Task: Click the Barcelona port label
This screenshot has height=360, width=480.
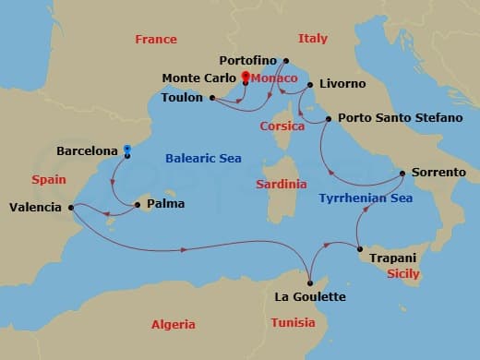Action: click(88, 150)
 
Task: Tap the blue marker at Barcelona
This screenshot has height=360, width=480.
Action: click(126, 150)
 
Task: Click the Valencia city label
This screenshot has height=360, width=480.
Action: click(35, 208)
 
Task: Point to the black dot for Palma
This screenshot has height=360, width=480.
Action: click(138, 203)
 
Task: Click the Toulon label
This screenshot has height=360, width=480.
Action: click(181, 97)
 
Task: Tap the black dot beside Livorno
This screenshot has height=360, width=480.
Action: click(311, 85)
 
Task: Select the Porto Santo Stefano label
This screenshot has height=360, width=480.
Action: click(389, 118)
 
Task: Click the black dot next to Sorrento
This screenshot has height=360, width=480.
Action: click(402, 174)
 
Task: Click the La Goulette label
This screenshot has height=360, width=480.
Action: click(310, 296)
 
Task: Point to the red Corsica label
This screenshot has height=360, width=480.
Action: click(282, 126)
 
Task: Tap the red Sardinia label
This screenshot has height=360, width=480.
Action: click(281, 185)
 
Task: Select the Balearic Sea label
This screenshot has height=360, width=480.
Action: click(203, 159)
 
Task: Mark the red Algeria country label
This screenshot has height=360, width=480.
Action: click(174, 324)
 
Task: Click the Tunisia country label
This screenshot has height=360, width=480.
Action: click(293, 322)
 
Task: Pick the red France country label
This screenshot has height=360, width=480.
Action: click(155, 40)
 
